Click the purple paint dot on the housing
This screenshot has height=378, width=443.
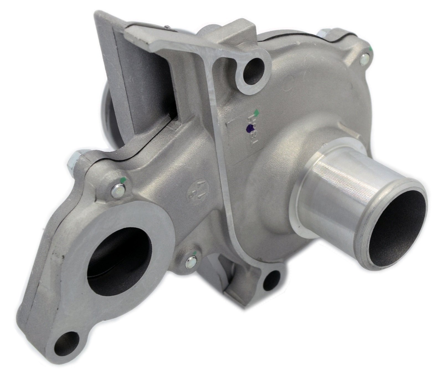point(250,127)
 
